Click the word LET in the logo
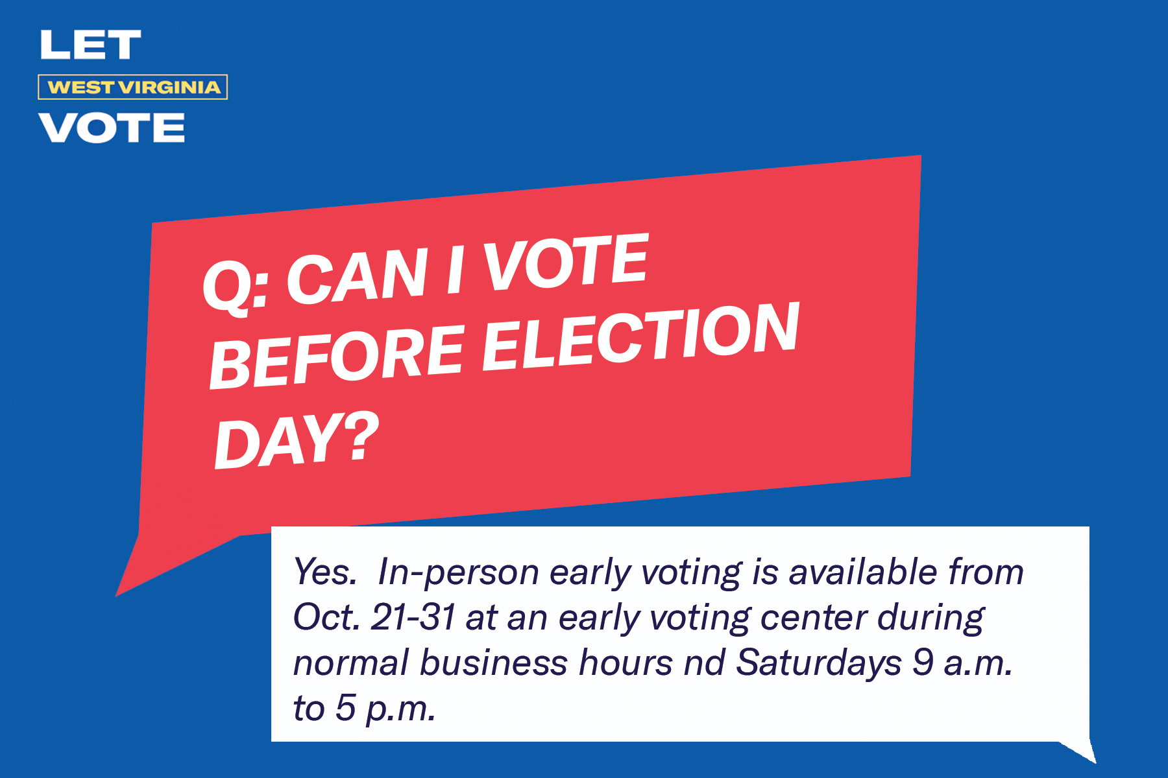(90, 45)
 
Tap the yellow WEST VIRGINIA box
(133, 88)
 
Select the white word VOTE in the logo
(112, 128)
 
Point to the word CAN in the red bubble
(357, 276)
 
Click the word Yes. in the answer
(324, 572)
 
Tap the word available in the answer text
(863, 572)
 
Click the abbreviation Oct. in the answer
(326, 617)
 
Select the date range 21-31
(413, 617)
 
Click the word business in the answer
(493, 663)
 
